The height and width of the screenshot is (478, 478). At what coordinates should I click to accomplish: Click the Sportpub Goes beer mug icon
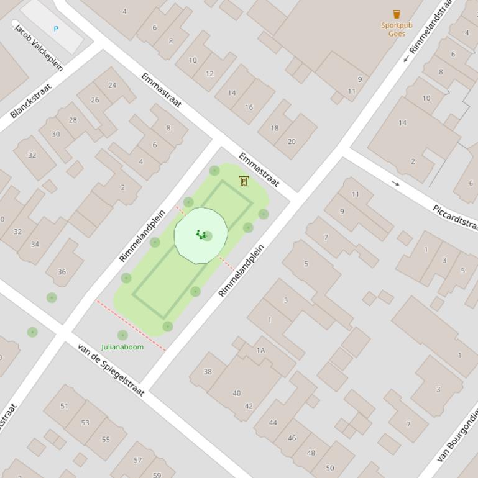pyautogui.click(x=397, y=14)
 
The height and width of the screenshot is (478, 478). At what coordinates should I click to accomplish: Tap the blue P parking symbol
pyautogui.click(x=56, y=29)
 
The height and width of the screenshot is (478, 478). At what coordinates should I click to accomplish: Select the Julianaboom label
pyautogui.click(x=122, y=347)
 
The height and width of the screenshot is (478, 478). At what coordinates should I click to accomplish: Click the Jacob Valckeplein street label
pyautogui.click(x=39, y=48)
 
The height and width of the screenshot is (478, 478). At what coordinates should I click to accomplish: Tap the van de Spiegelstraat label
pyautogui.click(x=111, y=369)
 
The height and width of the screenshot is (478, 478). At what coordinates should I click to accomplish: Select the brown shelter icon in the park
pyautogui.click(x=243, y=181)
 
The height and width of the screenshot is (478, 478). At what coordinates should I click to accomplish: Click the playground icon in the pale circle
pyautogui.click(x=200, y=235)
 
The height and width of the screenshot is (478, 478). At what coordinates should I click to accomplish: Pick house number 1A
pyautogui.click(x=260, y=350)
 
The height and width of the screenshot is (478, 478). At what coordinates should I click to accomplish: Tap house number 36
pyautogui.click(x=62, y=271)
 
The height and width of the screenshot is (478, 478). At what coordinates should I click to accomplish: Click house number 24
pyautogui.click(x=112, y=85)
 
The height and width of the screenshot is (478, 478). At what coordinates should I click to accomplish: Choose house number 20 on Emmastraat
pyautogui.click(x=292, y=142)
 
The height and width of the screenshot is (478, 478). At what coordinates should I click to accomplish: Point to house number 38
pyautogui.click(x=208, y=372)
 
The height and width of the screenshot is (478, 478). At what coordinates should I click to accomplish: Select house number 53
pyautogui.click(x=85, y=423)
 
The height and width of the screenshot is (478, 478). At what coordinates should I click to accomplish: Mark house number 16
pyautogui.click(x=249, y=107)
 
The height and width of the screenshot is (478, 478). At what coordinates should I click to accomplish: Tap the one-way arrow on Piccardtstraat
pyautogui.click(x=396, y=183)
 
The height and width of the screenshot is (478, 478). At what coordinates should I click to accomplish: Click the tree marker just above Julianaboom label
pyautogui.click(x=122, y=335)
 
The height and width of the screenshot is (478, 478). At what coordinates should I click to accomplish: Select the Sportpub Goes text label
pyautogui.click(x=397, y=29)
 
